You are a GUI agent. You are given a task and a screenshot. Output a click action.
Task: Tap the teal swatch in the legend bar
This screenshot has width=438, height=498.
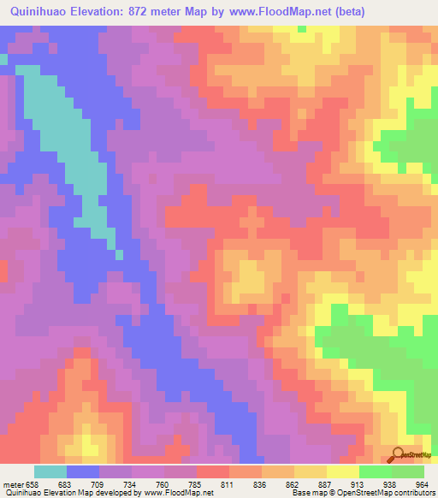[50, 471]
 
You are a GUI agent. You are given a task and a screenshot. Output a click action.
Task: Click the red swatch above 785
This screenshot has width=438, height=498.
[213, 471]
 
